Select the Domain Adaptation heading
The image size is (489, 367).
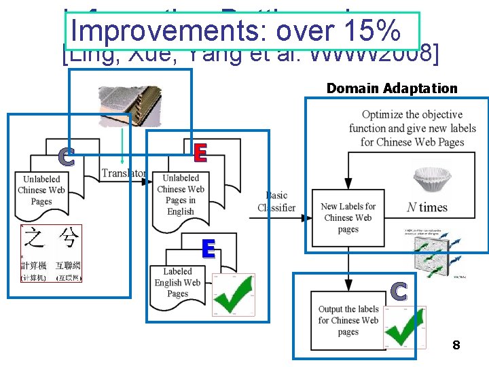pos(392,88)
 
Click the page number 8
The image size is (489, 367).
pos(456,346)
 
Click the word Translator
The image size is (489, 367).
pos(123,173)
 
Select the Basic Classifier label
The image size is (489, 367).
pos(276,202)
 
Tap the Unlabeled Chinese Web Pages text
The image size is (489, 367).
pos(41,190)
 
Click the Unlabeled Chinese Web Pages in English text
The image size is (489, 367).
pos(180,194)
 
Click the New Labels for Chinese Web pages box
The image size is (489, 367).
pos(348,217)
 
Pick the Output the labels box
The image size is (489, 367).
pos(348,320)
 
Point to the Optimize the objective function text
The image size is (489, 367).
pos(412,128)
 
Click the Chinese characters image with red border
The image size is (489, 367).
pos(51,253)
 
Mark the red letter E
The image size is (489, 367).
pos(200,153)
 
